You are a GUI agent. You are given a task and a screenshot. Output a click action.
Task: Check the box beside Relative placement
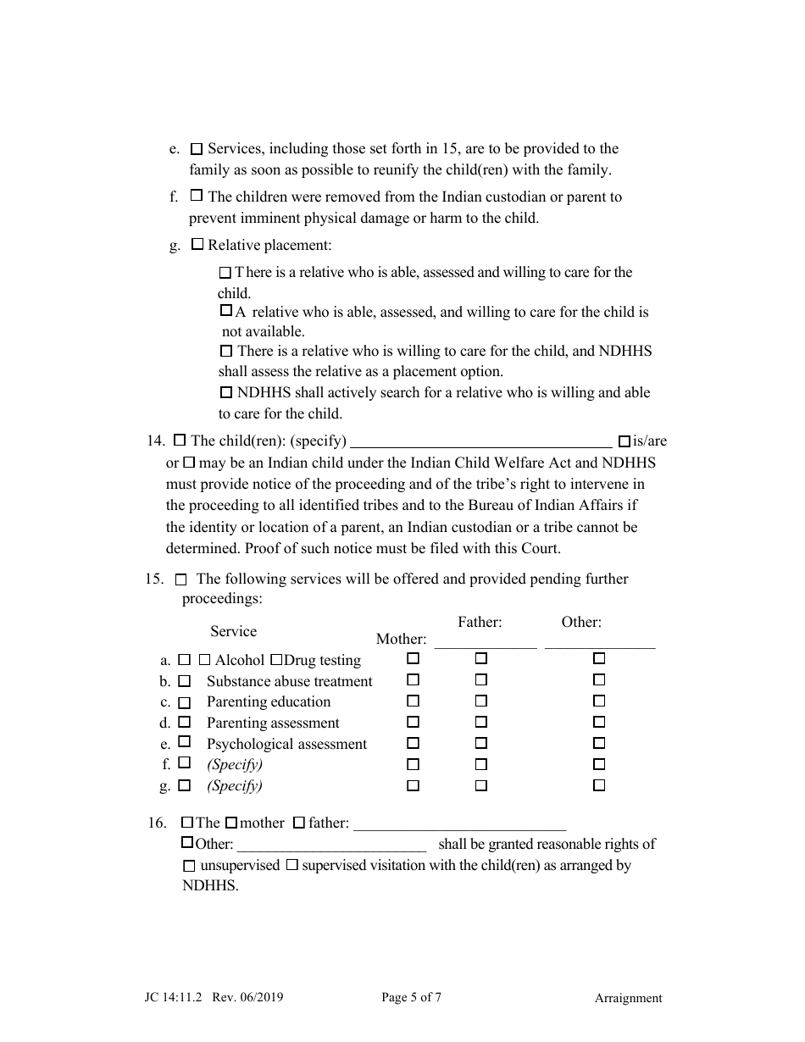click(x=197, y=245)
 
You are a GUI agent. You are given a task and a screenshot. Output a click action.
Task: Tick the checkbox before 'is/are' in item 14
click(x=625, y=441)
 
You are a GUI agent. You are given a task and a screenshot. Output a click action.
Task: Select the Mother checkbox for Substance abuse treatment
click(x=413, y=679)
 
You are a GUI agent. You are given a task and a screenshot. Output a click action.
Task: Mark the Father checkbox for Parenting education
click(x=480, y=701)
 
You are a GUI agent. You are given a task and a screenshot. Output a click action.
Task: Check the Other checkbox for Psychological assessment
click(x=599, y=743)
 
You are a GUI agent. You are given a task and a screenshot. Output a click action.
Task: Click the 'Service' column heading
click(x=233, y=631)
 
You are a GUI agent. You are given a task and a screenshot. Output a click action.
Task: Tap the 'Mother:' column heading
click(x=401, y=640)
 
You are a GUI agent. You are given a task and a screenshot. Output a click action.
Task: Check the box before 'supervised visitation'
click(x=291, y=865)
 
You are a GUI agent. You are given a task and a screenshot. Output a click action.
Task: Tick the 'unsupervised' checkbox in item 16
click(x=189, y=866)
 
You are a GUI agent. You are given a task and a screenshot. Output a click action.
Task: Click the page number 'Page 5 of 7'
click(x=411, y=997)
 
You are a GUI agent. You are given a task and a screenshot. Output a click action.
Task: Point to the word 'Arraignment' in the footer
click(x=628, y=998)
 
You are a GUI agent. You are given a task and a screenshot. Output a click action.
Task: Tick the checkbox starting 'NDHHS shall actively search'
click(x=225, y=392)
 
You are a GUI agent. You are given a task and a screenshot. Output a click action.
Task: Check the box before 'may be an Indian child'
click(x=189, y=463)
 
